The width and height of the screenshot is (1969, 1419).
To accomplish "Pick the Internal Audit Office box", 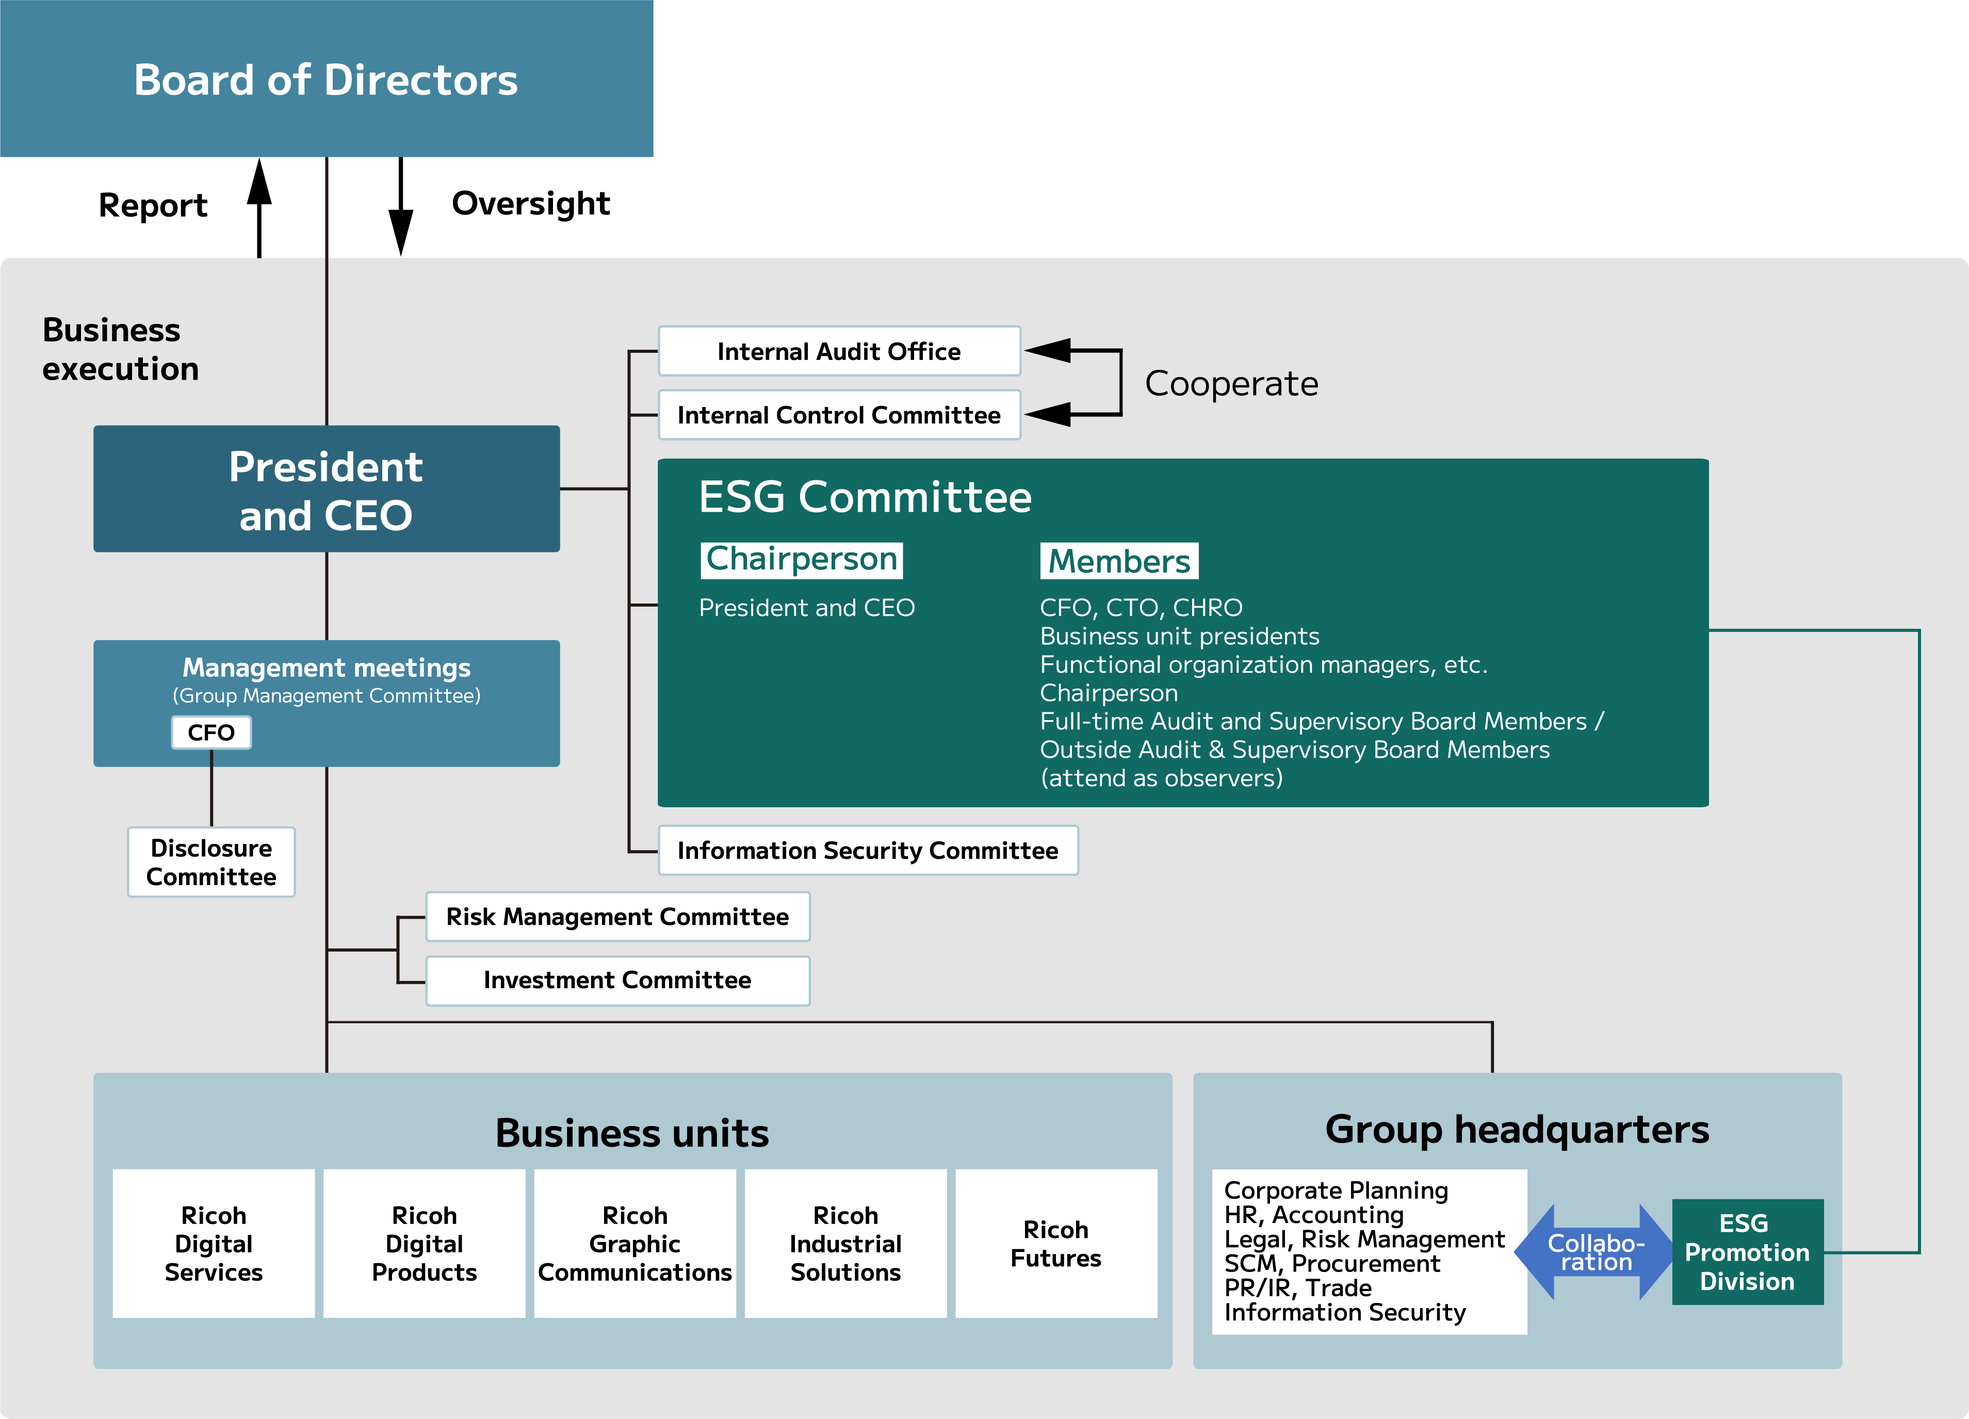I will pyautogui.click(x=839, y=351).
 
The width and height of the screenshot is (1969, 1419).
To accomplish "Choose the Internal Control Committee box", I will pyautogui.click(x=839, y=415).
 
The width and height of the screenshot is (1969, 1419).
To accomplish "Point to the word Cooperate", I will pyautogui.click(x=1231, y=384).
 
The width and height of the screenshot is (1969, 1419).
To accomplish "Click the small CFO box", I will pyautogui.click(x=211, y=732).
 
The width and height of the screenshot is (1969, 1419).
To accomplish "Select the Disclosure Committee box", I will pyautogui.click(x=211, y=862).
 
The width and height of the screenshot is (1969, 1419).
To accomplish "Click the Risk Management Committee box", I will pyautogui.click(x=617, y=917).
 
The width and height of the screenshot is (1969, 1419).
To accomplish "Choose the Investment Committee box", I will pyautogui.click(x=617, y=981).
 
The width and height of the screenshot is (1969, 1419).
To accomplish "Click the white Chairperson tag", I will pyautogui.click(x=801, y=560).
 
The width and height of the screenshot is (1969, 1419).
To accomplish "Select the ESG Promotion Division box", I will pyautogui.click(x=1747, y=1251).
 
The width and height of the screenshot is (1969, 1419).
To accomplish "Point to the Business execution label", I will pyautogui.click(x=120, y=349).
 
